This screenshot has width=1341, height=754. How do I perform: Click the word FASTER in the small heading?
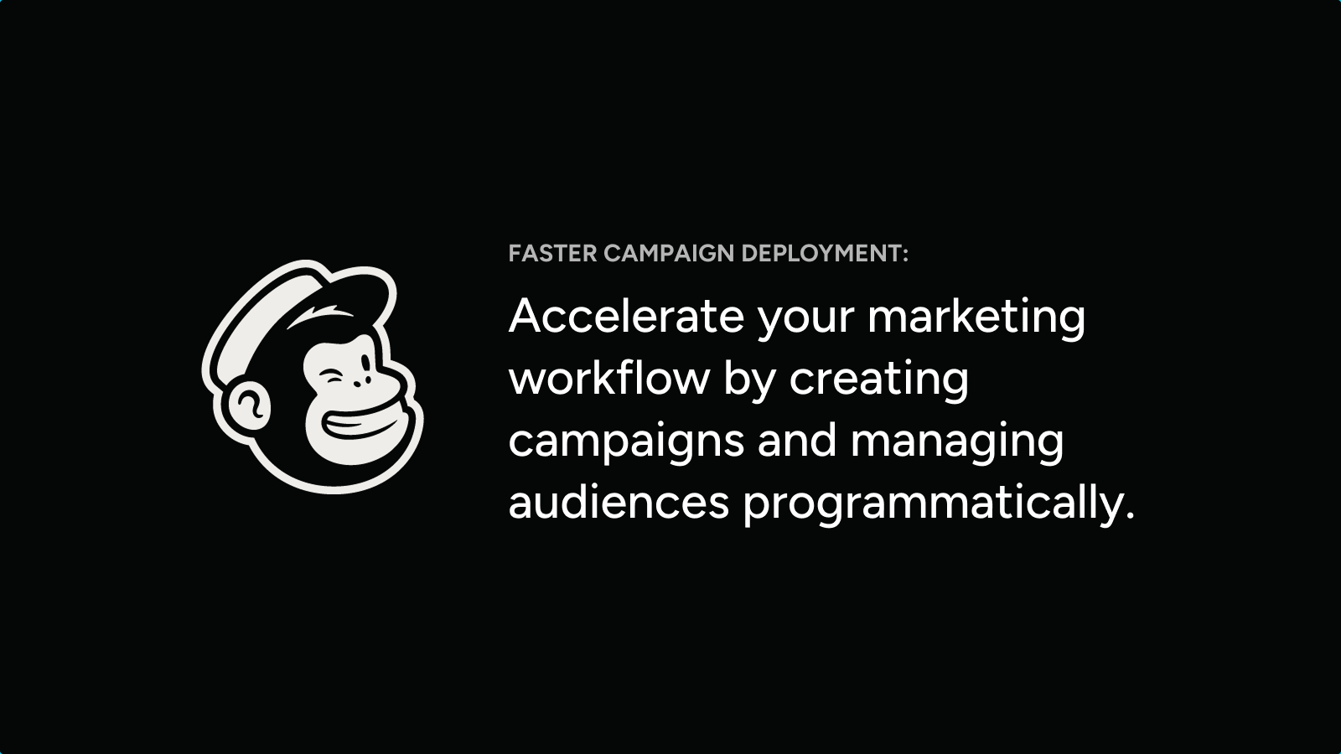tap(552, 253)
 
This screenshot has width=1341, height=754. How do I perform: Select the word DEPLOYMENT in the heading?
tap(821, 253)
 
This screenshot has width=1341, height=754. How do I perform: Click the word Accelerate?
tap(626, 315)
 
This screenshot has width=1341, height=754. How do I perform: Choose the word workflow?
tap(608, 378)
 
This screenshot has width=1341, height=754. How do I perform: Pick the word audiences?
tap(619, 503)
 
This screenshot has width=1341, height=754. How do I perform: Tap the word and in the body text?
tap(797, 440)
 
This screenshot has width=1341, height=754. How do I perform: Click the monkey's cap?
tap(311, 305)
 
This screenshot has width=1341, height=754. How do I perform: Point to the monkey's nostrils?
tap(361, 380)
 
